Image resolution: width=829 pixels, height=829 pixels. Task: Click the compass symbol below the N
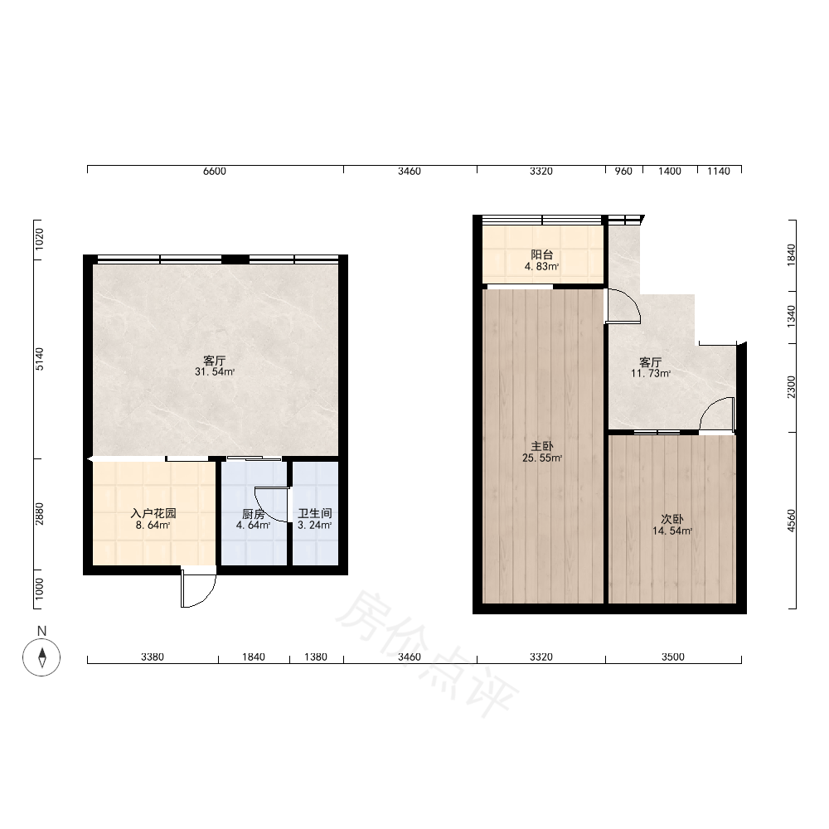[x=41, y=657]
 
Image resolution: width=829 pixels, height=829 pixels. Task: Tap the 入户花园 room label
[x=153, y=513]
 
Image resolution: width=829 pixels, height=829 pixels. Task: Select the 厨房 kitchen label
[x=253, y=514]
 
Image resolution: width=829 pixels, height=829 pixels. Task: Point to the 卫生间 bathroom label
[x=315, y=513]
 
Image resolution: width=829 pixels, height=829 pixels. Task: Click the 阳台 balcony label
[x=542, y=255]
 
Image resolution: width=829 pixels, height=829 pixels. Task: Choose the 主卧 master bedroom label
[x=542, y=447]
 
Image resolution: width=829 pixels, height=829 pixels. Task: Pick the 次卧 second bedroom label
[x=672, y=519]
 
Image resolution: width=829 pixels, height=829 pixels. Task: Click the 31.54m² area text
[x=215, y=371]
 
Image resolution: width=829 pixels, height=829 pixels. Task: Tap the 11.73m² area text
[x=651, y=373]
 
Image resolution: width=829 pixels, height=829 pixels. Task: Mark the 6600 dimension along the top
[x=215, y=172]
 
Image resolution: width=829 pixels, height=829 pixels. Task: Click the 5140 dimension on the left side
[x=40, y=359]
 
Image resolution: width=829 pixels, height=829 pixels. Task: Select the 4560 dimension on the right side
[x=791, y=521]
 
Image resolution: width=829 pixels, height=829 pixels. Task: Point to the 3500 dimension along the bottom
[x=673, y=657]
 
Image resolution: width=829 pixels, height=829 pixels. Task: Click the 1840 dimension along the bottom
[x=254, y=657]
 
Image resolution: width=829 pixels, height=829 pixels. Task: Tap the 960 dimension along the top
[x=624, y=172]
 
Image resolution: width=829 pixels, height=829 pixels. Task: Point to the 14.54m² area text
[x=672, y=531]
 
